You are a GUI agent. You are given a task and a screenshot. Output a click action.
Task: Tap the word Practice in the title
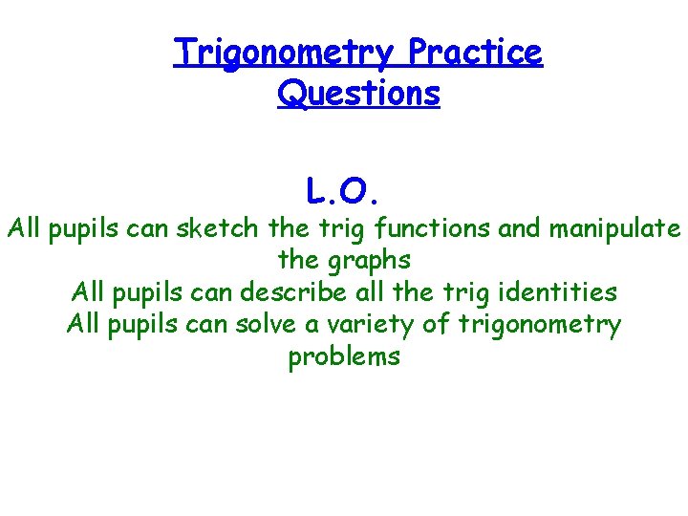click(475, 54)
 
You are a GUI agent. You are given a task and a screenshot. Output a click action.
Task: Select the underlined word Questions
click(358, 94)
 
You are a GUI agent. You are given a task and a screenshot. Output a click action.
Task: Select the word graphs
click(371, 261)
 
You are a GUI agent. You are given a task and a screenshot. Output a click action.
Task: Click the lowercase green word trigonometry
click(539, 325)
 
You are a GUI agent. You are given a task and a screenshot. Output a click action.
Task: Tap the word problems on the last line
click(344, 357)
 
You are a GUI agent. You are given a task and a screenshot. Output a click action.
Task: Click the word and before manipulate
click(519, 229)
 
